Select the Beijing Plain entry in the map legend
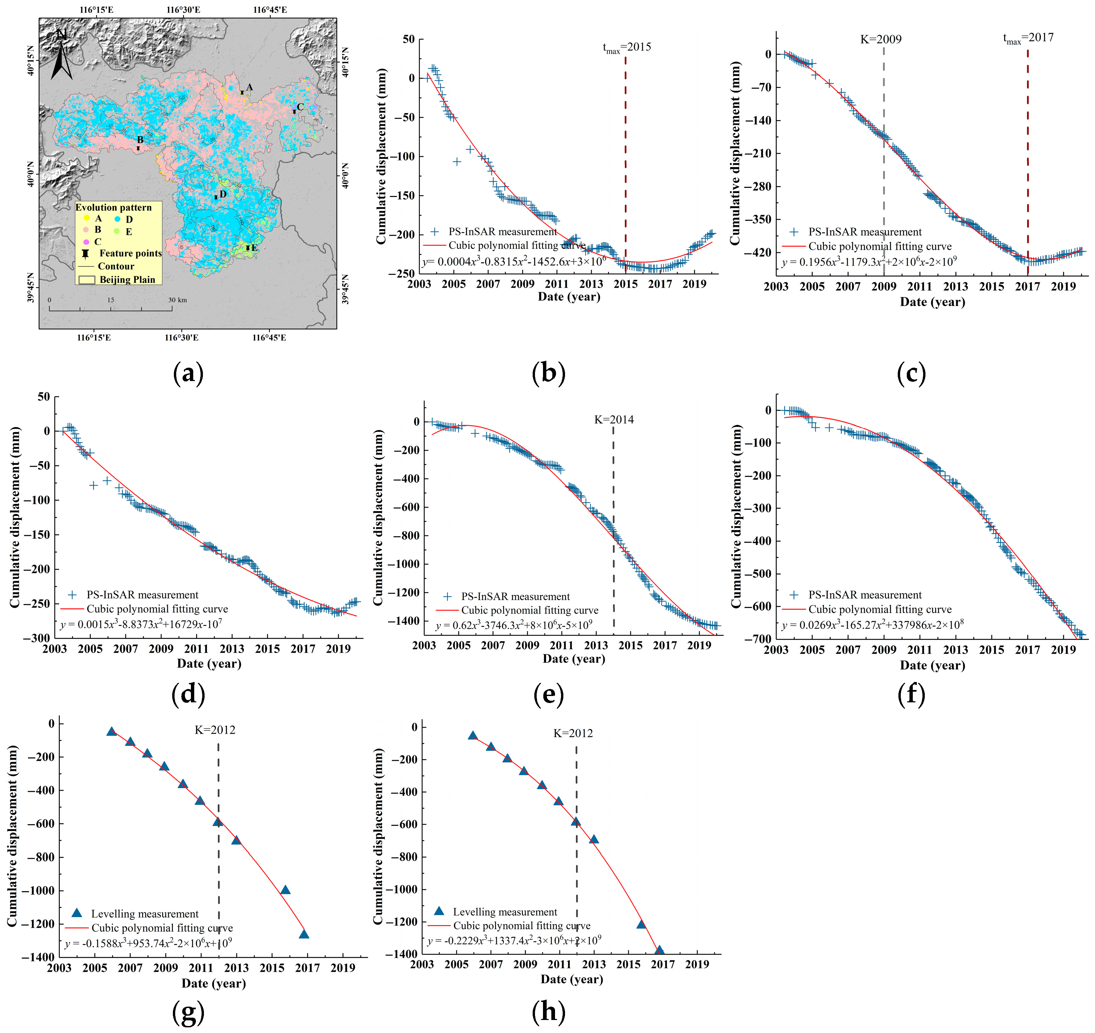[x=127, y=280]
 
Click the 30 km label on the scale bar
[x=177, y=300]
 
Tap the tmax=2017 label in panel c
[x=1028, y=38]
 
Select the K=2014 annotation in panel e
[x=614, y=420]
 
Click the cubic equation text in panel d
[x=141, y=624]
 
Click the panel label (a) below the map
[x=188, y=374]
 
